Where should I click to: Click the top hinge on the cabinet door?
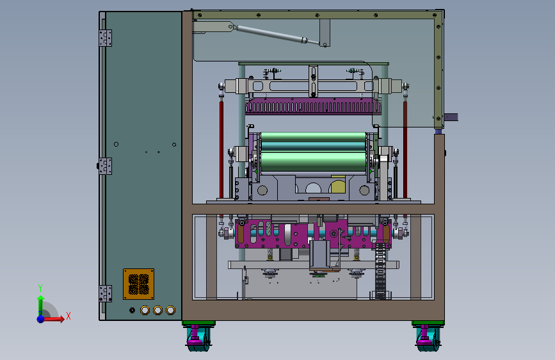point(106,38)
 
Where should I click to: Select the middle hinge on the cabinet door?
point(106,166)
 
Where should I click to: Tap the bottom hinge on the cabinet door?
point(106,294)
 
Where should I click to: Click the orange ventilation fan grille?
point(139,284)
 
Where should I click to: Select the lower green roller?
point(313,161)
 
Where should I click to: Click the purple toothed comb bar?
point(314,106)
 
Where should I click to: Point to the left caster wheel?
point(198,338)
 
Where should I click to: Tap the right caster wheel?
point(428,338)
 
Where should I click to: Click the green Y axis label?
point(40,288)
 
